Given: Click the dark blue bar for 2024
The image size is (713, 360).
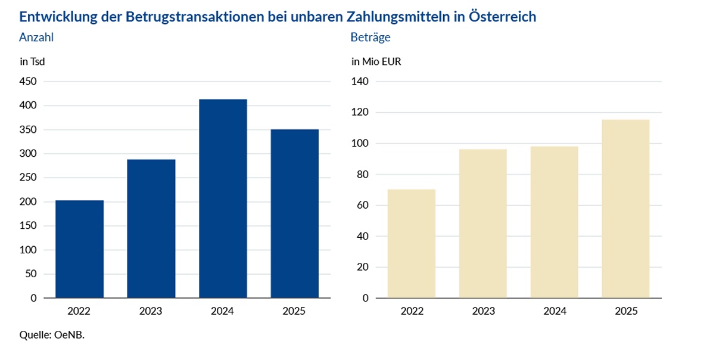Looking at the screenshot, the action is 223,198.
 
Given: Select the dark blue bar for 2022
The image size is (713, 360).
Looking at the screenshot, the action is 80,249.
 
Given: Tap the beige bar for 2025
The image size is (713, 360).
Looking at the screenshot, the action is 625,209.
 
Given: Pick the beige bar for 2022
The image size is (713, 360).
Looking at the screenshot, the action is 412,244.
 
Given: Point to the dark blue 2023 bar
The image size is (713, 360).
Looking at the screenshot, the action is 151,228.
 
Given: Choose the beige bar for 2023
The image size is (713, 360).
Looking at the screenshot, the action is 483,224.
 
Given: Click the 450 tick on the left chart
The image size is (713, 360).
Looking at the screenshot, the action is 28,82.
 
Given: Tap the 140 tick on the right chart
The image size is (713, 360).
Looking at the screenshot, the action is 360,82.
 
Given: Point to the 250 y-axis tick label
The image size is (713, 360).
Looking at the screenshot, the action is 28,178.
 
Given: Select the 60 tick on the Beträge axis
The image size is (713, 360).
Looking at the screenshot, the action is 362,205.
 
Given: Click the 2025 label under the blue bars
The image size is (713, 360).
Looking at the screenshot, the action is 294,311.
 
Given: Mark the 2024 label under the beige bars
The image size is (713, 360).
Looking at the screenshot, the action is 555,311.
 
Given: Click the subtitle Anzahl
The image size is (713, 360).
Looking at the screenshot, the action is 36,38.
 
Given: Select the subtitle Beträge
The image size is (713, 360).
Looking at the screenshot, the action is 370,38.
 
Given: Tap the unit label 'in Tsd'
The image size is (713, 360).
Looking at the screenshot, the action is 32,61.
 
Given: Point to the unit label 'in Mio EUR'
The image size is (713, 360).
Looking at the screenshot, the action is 376,61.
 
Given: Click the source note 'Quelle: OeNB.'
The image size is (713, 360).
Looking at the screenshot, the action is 52,335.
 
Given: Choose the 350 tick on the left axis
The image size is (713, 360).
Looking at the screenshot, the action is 28,130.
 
